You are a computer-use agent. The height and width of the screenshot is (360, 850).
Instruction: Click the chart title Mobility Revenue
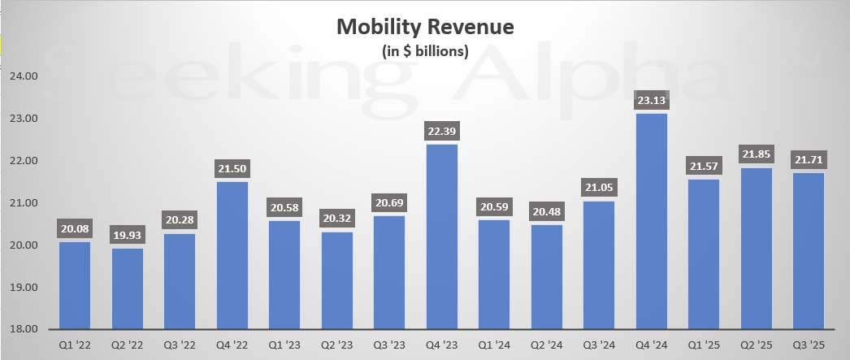(x=425, y=28)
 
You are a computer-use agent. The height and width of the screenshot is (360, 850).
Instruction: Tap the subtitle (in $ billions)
(x=425, y=51)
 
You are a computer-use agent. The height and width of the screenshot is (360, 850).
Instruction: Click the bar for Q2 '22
(x=128, y=288)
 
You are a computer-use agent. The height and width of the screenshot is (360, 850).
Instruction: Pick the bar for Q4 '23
(x=442, y=236)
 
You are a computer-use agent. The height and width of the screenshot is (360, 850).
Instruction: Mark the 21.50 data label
(x=232, y=170)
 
